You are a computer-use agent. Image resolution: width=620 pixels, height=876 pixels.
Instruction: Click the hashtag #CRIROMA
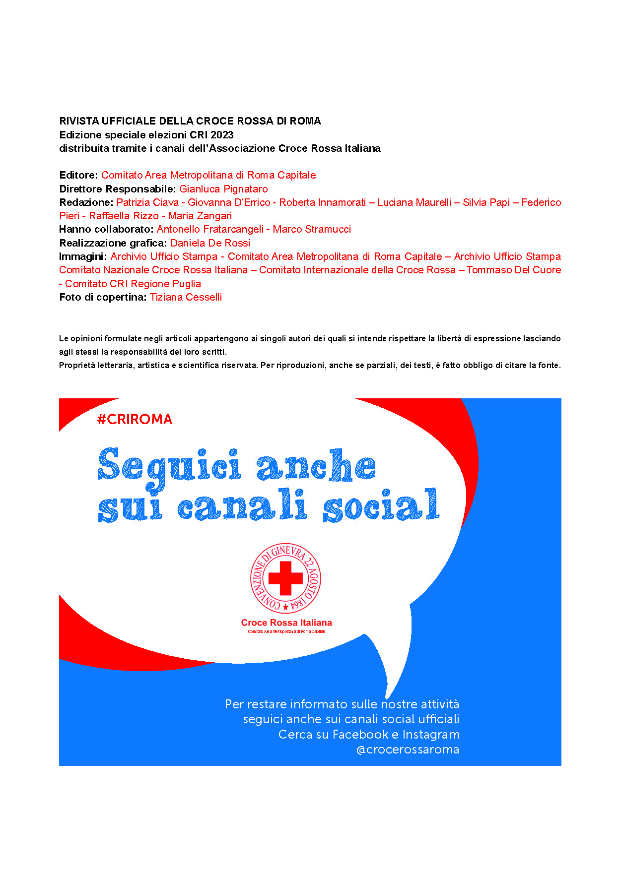tap(135, 419)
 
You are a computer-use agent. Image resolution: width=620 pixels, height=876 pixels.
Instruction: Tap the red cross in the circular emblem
tap(285, 578)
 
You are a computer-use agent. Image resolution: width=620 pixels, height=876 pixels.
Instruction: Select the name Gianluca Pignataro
tap(223, 189)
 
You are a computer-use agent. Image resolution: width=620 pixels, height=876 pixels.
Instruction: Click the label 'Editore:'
tap(78, 175)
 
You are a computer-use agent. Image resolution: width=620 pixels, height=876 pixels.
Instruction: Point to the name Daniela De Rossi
tap(210, 243)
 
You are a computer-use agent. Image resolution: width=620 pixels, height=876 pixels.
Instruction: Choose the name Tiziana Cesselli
tap(186, 297)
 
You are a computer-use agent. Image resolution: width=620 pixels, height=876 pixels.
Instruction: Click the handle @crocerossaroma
tap(408, 750)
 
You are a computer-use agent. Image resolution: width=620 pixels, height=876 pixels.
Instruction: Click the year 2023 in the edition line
tap(222, 135)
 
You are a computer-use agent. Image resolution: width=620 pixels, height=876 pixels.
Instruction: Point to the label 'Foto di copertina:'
tap(103, 297)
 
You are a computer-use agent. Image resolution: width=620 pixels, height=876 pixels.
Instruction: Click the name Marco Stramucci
tap(312, 229)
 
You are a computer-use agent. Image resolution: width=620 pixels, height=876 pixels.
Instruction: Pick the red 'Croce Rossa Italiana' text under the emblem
tap(286, 623)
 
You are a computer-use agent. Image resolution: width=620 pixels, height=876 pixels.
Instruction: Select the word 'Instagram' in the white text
tap(431, 734)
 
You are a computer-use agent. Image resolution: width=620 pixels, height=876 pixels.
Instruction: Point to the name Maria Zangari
tap(200, 216)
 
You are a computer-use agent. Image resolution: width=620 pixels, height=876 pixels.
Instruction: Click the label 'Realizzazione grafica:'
tap(113, 243)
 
